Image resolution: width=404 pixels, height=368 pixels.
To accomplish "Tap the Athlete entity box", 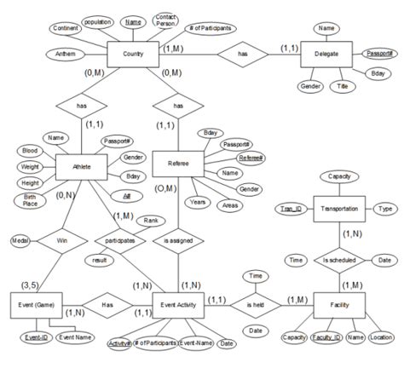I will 79,164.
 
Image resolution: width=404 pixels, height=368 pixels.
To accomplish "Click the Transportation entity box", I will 338,208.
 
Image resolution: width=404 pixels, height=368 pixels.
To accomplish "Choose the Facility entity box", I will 338,304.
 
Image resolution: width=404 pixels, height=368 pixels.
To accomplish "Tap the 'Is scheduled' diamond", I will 339,258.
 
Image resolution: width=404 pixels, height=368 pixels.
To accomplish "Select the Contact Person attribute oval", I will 167,20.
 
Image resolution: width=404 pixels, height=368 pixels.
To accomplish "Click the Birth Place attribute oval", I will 29,200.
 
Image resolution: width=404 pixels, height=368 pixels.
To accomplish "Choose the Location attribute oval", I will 381,337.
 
